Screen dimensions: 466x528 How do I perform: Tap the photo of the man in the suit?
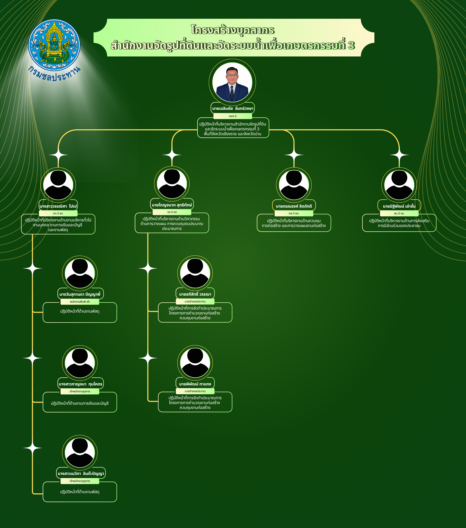click(232, 82)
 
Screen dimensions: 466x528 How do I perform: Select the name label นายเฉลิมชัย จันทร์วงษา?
click(233, 108)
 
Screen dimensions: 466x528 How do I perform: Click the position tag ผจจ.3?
click(233, 116)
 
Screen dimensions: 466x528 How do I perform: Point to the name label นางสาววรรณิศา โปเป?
click(58, 206)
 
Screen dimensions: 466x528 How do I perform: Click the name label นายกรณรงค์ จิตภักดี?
click(294, 206)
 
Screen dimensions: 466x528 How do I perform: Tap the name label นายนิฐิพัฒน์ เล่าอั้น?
click(399, 206)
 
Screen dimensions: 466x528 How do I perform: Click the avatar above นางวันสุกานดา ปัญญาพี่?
click(80, 273)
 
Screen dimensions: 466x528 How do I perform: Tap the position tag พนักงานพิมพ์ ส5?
click(80, 302)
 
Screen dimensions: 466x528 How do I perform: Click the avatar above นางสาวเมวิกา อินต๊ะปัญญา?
click(80, 453)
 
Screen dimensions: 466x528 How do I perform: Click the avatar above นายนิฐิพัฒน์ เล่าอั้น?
click(399, 185)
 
